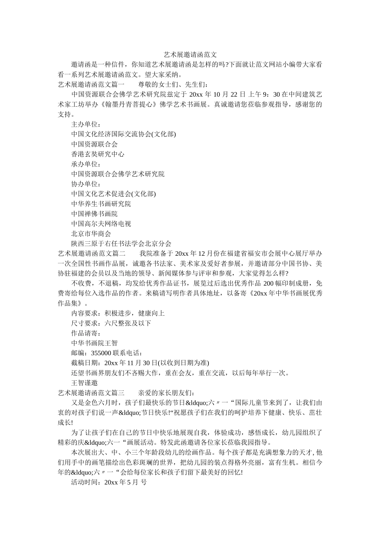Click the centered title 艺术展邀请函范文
pos(190,54)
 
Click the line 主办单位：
pos(86,124)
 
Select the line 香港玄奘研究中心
pos(98,154)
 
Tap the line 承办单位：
pos(86,164)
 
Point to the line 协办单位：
pos(86,184)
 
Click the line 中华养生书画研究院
pos(101,204)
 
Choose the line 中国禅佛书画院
pos(94,214)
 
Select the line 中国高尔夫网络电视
pos(101,224)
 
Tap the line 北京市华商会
pos(91,234)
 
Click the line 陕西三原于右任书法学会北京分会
pos(121,244)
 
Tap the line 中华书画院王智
pos(94,343)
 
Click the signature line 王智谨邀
pos(84,383)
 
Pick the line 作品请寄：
pos(86,333)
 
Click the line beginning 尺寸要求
pos(111,323)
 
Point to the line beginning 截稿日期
pos(140,363)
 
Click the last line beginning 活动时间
pos(109,482)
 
